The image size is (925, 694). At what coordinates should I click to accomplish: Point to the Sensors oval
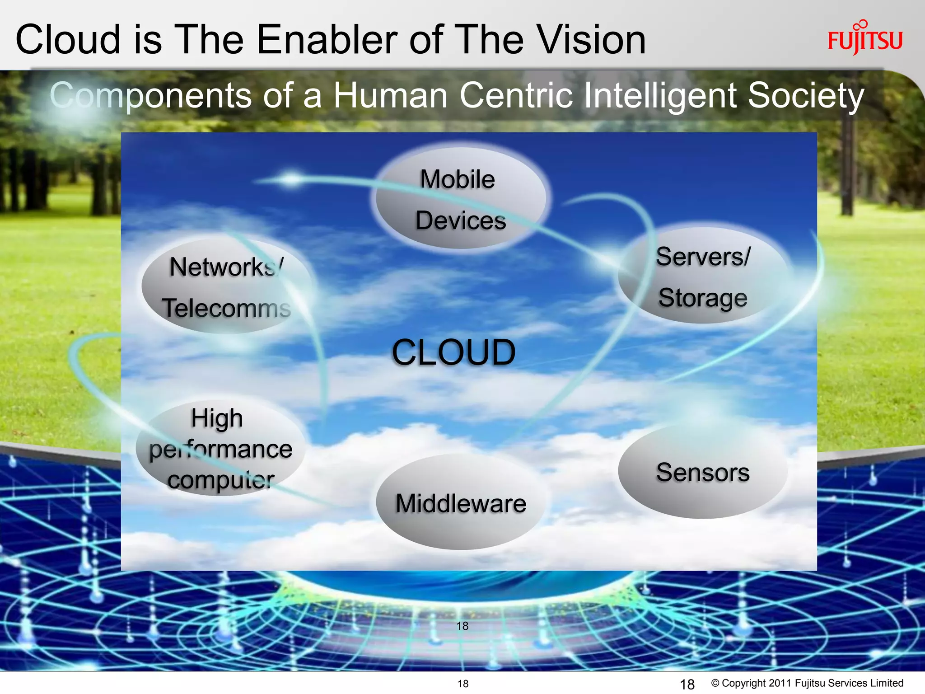[x=703, y=472]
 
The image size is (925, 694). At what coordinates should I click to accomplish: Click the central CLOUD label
[x=453, y=352]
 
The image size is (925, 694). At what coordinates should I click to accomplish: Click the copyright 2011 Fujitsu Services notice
[x=807, y=683]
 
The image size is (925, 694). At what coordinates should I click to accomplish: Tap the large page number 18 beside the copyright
[x=687, y=684]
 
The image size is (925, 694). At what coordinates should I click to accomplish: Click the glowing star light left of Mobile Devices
[x=292, y=179]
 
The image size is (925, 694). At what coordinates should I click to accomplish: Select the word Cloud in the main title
[x=68, y=40]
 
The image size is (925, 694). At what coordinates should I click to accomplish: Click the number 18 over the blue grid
[x=462, y=626]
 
